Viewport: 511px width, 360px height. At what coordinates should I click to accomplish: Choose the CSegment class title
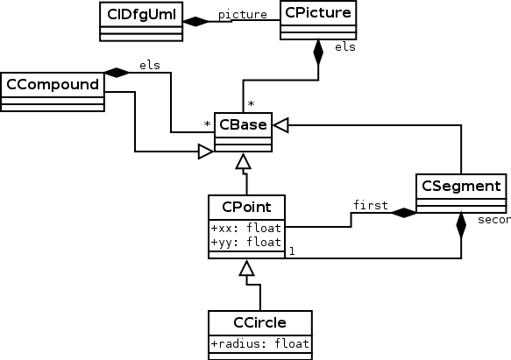(460, 186)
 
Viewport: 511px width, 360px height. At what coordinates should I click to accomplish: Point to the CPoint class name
(246, 208)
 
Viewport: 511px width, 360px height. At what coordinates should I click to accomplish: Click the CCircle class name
(259, 321)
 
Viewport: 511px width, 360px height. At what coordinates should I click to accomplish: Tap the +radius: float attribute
(259, 342)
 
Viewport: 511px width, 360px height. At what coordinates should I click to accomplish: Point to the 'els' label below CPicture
(344, 47)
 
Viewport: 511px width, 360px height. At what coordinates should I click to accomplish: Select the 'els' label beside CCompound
(149, 64)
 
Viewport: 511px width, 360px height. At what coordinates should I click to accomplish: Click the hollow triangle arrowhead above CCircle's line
(246, 268)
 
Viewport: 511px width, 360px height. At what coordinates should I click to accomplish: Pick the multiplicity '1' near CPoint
(292, 251)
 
